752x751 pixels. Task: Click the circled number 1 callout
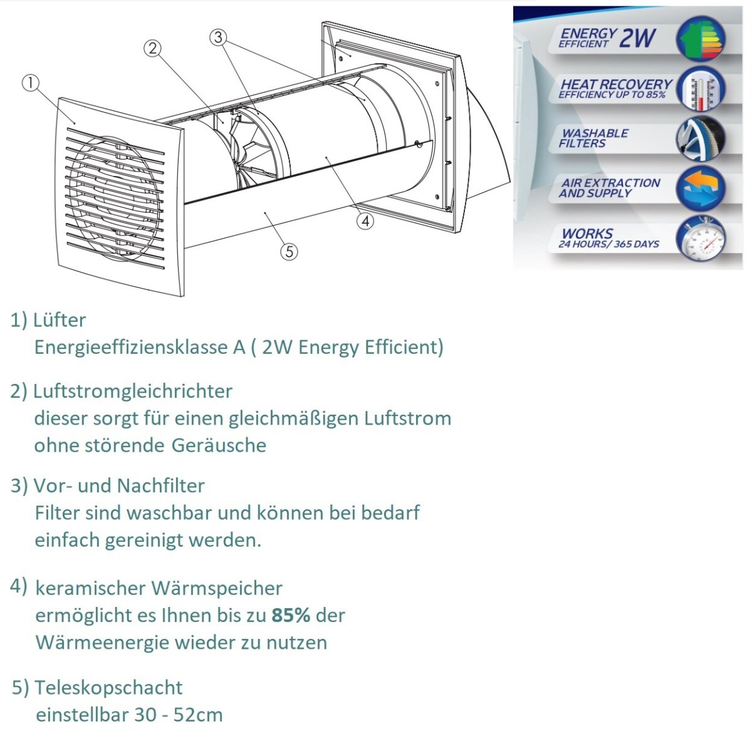coord(30,83)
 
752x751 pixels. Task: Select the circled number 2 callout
coord(152,48)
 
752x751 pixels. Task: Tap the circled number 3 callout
coord(217,37)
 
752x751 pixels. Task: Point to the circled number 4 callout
coord(365,220)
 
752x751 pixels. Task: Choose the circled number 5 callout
coord(289,251)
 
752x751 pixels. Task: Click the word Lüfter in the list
coord(60,320)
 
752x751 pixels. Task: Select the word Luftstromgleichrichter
coord(132,391)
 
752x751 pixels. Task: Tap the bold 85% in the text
coord(291,615)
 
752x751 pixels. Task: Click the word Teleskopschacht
coord(108,687)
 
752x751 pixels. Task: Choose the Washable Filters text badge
coord(593,138)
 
